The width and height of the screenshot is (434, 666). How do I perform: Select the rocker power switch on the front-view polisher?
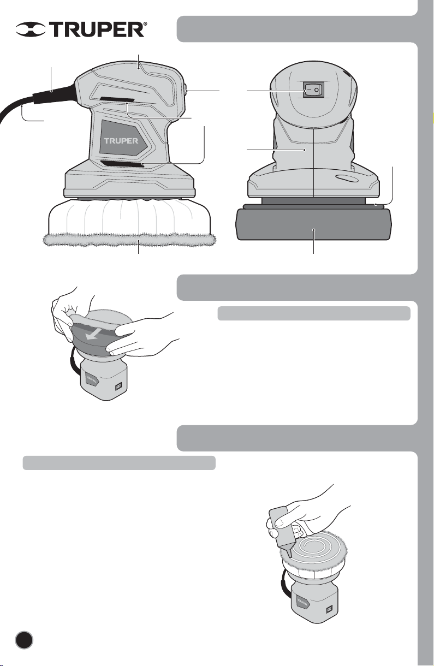(313, 90)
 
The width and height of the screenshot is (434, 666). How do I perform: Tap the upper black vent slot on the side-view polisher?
(117, 99)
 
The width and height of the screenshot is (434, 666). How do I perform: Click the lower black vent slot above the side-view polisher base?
(122, 163)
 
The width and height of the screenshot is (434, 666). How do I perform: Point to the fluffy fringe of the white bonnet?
(130, 239)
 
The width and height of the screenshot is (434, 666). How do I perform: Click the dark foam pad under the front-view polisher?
(313, 224)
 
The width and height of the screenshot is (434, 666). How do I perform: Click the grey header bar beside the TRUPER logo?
(297, 29)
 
